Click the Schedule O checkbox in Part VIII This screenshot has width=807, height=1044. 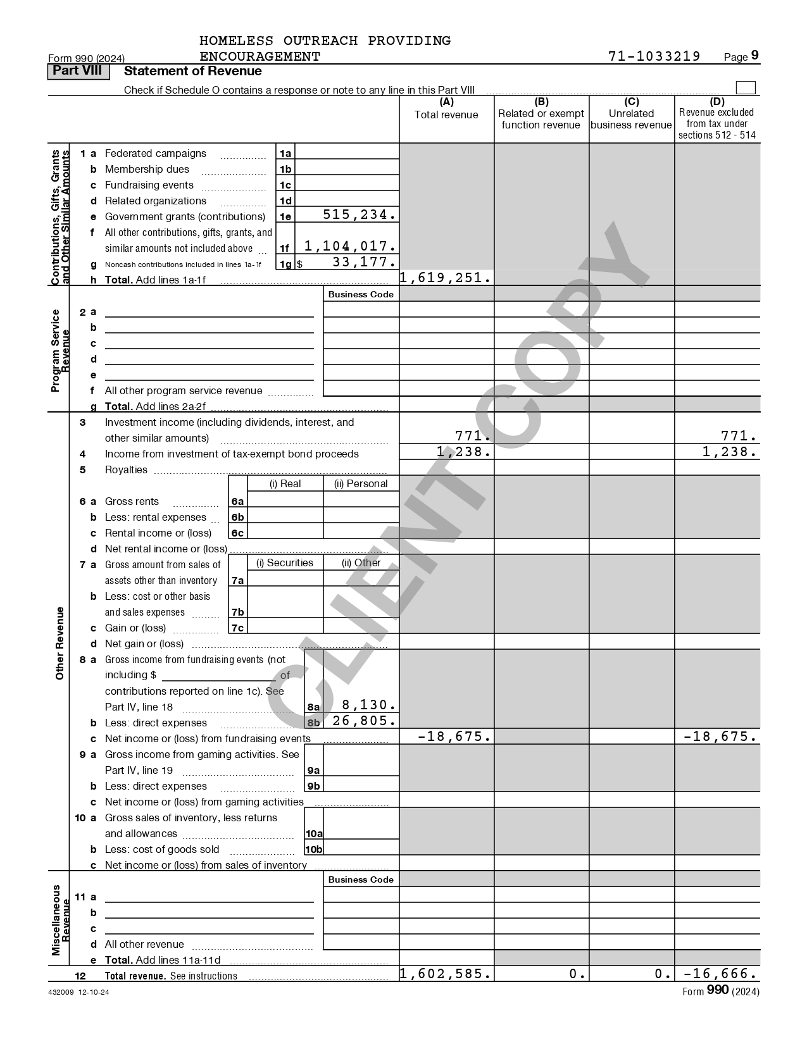tap(746, 88)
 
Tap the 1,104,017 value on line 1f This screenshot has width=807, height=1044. tap(350, 247)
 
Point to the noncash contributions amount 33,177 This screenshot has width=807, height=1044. tap(364, 262)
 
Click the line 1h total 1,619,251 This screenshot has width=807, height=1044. tap(446, 278)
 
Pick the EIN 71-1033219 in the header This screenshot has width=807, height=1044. tap(654, 56)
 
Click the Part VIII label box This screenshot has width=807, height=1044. tap(77, 71)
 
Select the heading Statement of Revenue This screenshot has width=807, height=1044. tap(193, 71)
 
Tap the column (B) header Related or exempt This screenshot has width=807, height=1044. tap(541, 114)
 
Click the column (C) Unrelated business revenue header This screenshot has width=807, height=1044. tap(631, 119)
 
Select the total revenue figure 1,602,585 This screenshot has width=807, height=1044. tap(446, 974)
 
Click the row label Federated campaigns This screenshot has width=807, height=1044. tap(156, 153)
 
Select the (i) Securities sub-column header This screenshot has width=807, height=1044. tap(285, 562)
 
